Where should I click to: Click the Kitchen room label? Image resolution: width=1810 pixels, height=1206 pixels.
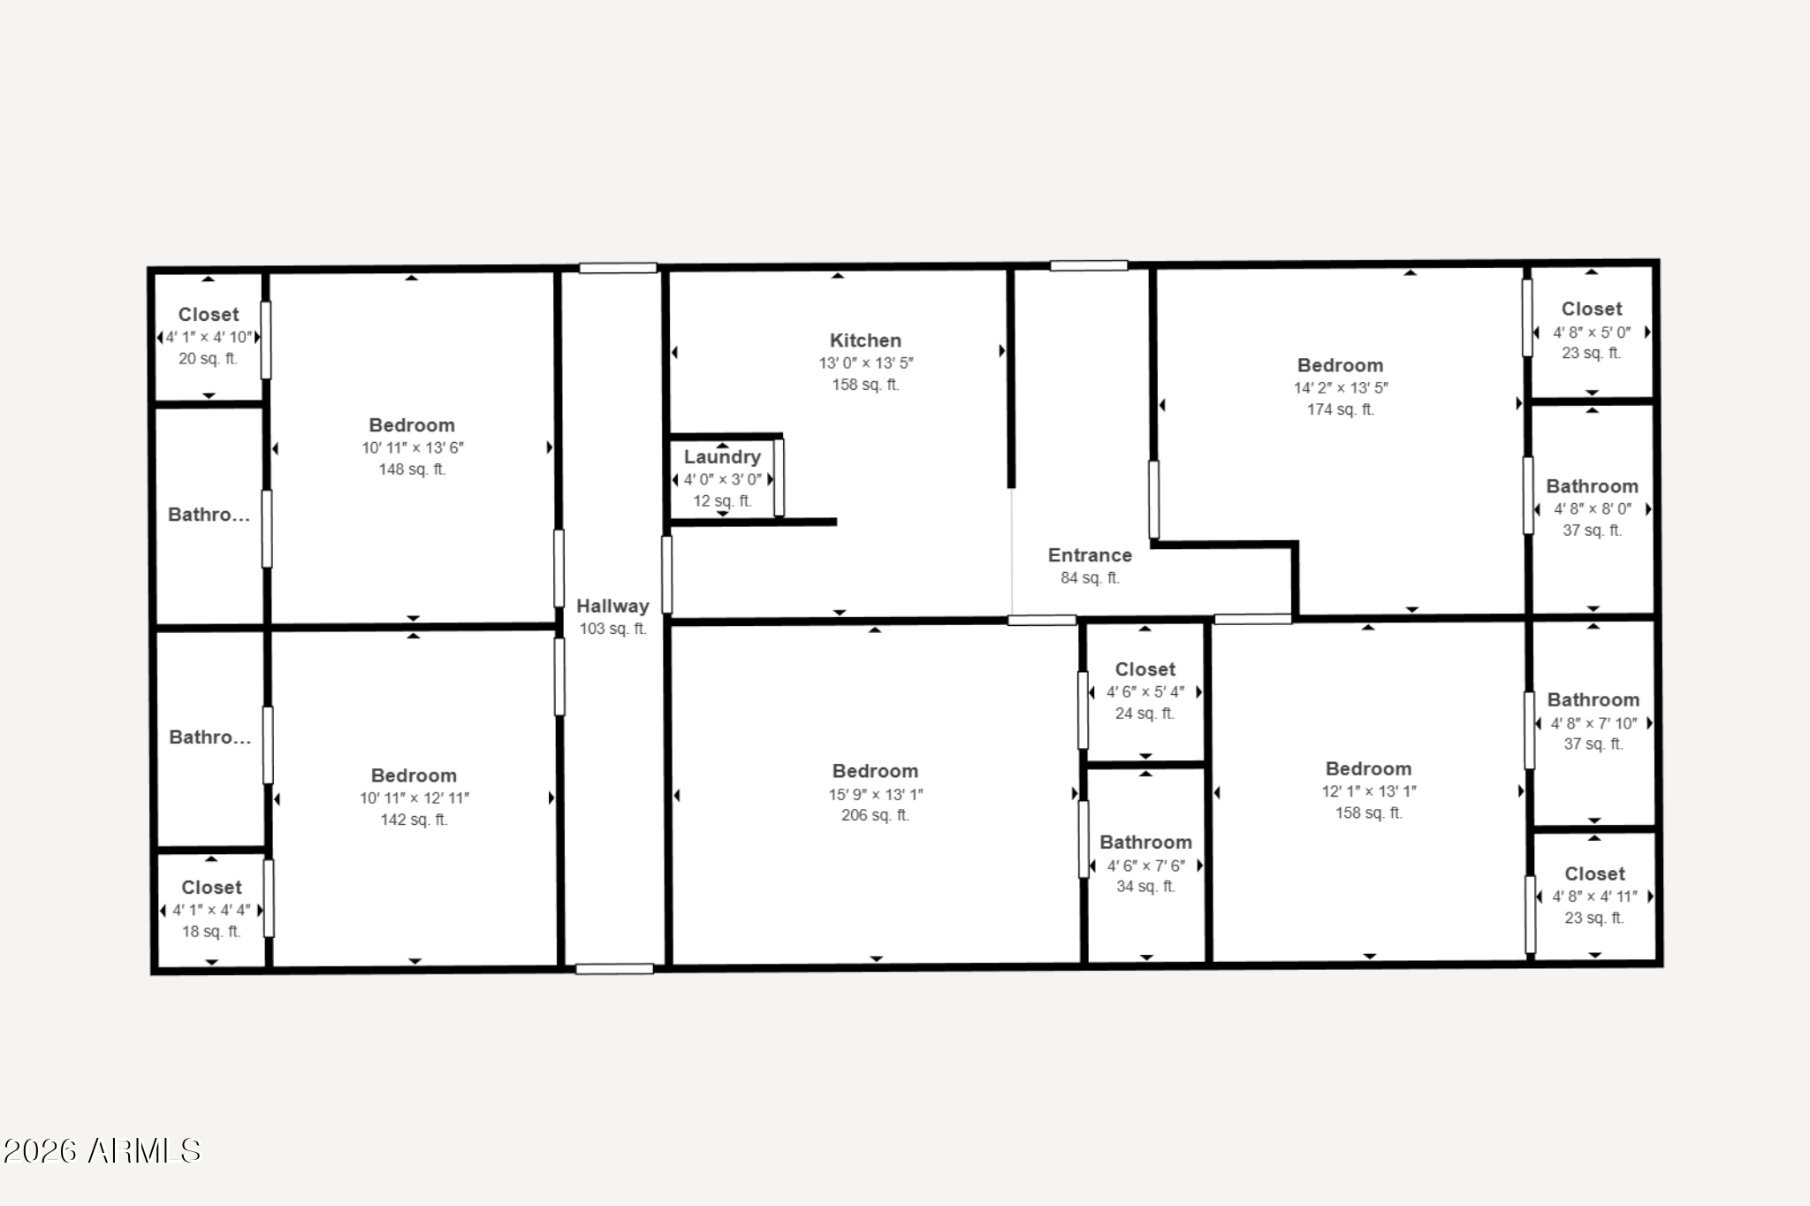(x=865, y=340)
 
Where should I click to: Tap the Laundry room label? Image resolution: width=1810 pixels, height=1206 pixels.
(x=722, y=457)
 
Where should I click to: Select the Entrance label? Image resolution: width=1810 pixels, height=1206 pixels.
(x=1090, y=555)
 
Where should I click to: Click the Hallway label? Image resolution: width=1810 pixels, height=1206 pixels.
(x=612, y=607)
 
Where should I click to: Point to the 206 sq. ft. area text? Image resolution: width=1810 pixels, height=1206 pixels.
(x=875, y=815)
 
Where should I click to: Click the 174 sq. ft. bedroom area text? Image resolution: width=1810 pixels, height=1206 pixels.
(x=1340, y=409)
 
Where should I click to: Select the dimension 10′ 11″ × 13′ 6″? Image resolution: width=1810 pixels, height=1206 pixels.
(x=412, y=447)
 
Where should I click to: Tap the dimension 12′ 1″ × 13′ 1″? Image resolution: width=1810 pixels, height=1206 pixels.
(x=1368, y=791)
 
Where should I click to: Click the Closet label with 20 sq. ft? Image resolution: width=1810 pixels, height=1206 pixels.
(x=209, y=315)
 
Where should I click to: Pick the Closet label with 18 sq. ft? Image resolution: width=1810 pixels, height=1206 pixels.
(x=211, y=888)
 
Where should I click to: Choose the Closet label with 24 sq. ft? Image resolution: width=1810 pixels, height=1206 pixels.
(x=1145, y=669)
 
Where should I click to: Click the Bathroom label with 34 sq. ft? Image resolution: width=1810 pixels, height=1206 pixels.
(x=1145, y=843)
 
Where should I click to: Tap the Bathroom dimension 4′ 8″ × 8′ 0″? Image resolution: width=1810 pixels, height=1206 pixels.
(x=1593, y=509)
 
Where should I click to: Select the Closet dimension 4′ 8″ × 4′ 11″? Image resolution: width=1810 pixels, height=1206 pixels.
(x=1594, y=897)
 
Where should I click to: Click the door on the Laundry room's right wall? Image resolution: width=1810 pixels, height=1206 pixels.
(x=779, y=477)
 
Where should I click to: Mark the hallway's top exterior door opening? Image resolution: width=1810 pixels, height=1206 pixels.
(x=618, y=268)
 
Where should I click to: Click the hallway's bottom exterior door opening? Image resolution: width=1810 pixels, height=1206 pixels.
(x=614, y=969)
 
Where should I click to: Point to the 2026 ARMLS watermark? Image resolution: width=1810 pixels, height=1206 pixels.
(x=102, y=1150)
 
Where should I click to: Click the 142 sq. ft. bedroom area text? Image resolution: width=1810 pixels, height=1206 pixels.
(x=414, y=820)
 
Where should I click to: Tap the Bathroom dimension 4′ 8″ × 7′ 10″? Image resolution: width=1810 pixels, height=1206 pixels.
(x=1593, y=723)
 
